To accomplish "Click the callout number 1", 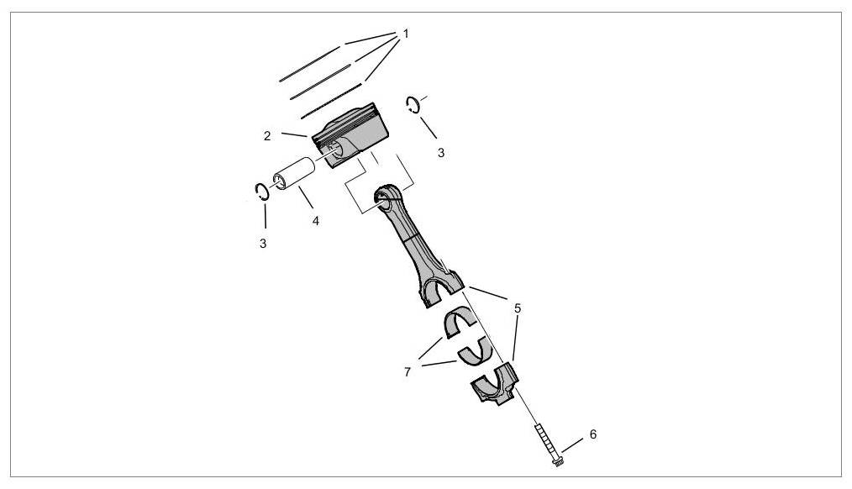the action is tap(405, 34).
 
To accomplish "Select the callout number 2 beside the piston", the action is tap(267, 136).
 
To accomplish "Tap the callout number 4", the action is tap(315, 221).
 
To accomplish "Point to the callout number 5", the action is tap(518, 308).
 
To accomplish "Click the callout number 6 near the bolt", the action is tap(593, 434).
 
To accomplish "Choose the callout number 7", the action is tap(407, 372).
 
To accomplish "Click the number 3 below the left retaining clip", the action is tap(263, 244).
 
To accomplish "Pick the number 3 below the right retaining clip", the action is tap(440, 153).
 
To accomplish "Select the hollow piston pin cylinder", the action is tap(294, 174).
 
